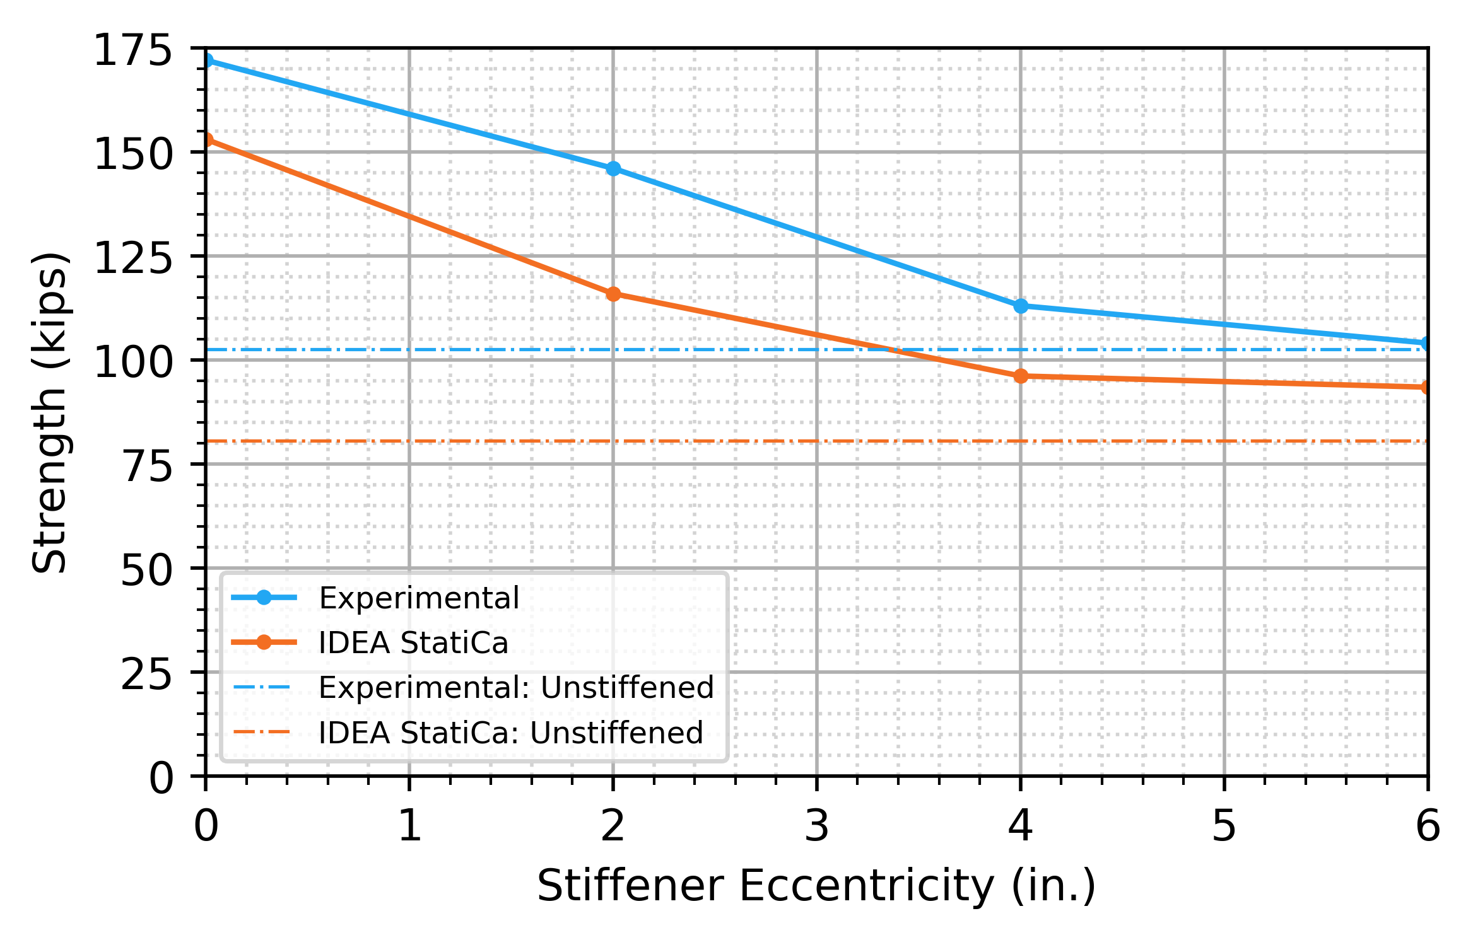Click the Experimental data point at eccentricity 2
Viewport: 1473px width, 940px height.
(x=613, y=169)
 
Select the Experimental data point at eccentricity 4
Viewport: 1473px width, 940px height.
(x=1021, y=306)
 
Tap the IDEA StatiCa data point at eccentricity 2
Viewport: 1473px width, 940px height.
(x=613, y=294)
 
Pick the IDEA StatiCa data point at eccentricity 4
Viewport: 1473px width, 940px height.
(x=1021, y=376)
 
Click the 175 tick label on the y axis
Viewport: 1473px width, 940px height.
(x=132, y=51)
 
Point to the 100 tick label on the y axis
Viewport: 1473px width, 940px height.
(x=132, y=363)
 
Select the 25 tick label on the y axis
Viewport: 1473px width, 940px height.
(x=146, y=675)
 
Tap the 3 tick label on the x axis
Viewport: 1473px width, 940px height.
(x=817, y=826)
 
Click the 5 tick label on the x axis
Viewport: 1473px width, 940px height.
(x=1224, y=826)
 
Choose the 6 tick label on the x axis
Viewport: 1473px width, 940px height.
(x=1428, y=826)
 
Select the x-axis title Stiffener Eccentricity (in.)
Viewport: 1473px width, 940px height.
(x=816, y=886)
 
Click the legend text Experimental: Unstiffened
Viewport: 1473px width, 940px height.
(x=516, y=688)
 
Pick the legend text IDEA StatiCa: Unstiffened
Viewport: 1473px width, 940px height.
(x=510, y=733)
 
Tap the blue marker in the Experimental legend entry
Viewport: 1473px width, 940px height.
(x=264, y=598)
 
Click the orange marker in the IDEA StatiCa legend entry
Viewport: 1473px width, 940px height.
(x=264, y=642)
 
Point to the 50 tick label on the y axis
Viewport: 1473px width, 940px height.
(x=146, y=571)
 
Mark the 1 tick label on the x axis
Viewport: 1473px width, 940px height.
(x=410, y=826)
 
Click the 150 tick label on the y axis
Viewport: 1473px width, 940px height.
(x=132, y=155)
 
